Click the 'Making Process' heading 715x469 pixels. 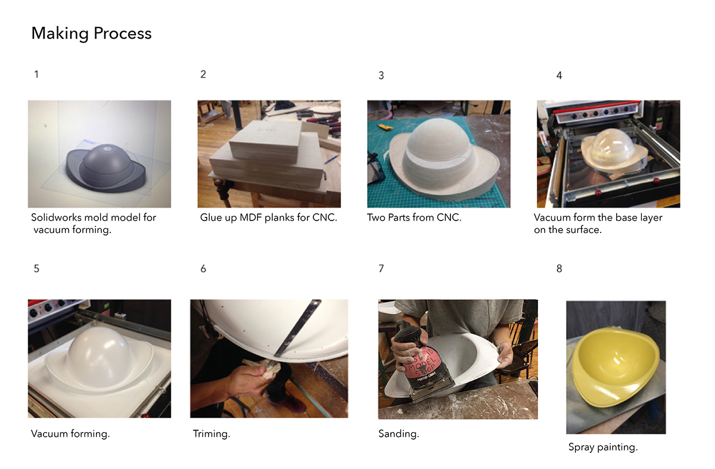[91, 33]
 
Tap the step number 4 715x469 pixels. [559, 75]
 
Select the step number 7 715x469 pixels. [381, 269]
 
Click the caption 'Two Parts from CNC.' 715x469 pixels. [414, 218]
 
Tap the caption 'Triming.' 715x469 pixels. [212, 434]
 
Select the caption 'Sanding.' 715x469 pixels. [399, 434]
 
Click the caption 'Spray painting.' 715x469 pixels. [603, 448]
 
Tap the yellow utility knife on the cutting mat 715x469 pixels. [384, 127]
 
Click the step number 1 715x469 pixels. [36, 74]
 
